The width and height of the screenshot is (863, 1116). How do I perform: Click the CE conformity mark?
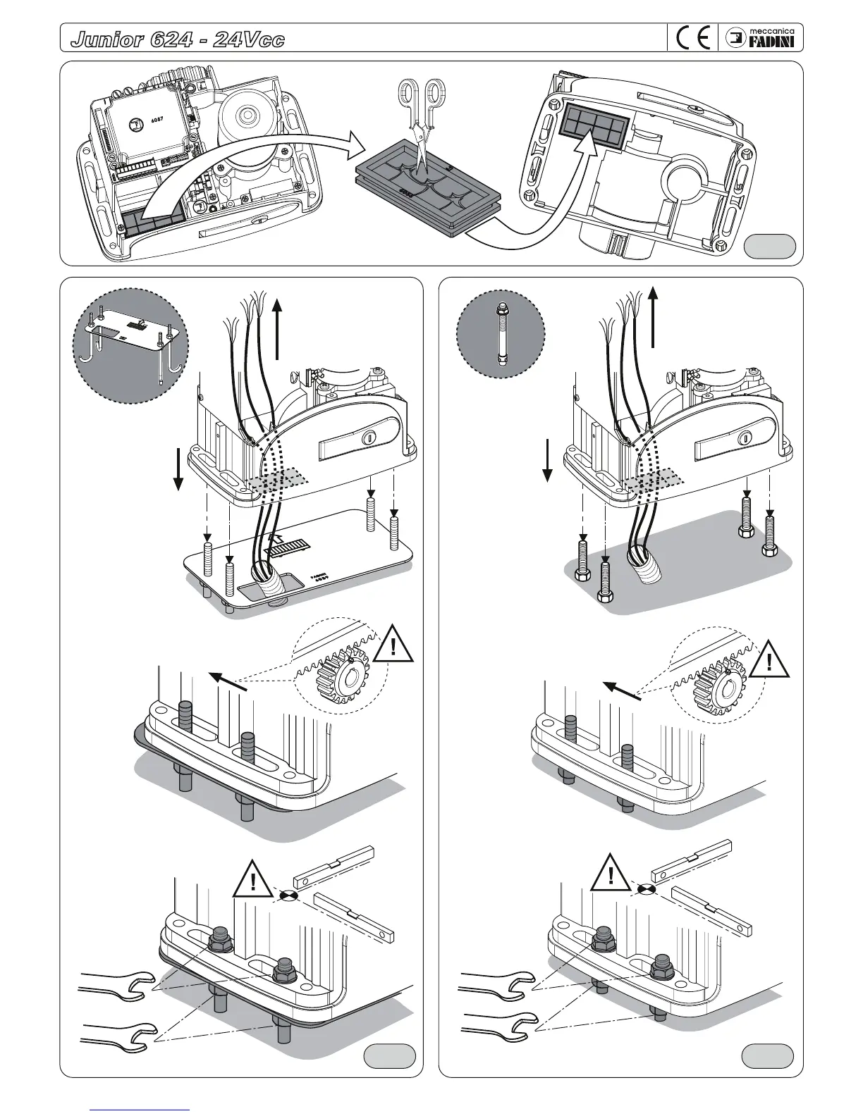coord(692,38)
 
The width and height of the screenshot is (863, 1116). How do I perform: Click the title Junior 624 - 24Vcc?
coord(178,39)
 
